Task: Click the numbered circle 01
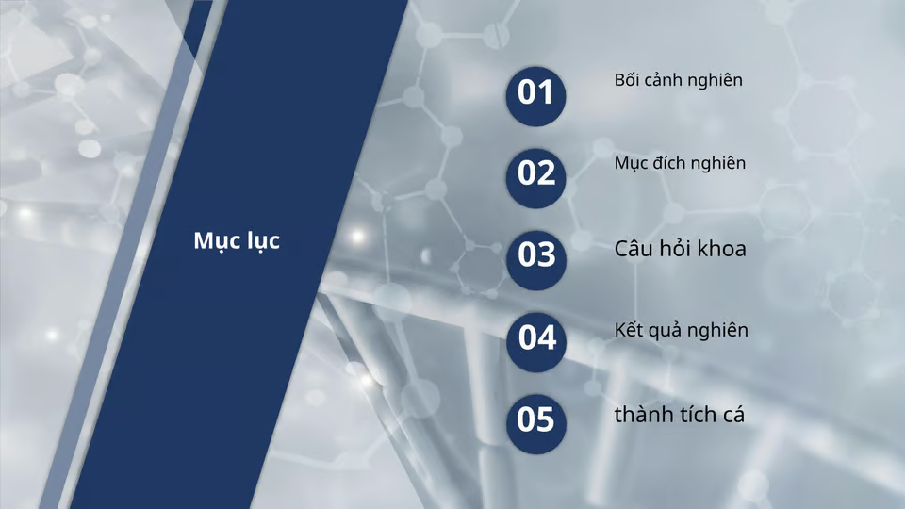pyautogui.click(x=535, y=92)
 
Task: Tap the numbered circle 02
pyautogui.click(x=535, y=173)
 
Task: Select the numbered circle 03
pyautogui.click(x=535, y=254)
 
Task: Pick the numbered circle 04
pyautogui.click(x=535, y=337)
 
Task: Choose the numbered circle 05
pyautogui.click(x=535, y=419)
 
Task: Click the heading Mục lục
pyautogui.click(x=237, y=241)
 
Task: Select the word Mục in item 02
pyautogui.click(x=631, y=164)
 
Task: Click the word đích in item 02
pyautogui.click(x=672, y=163)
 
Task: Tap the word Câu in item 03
pyautogui.click(x=633, y=249)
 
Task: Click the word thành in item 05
pyautogui.click(x=641, y=413)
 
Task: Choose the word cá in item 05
pyautogui.click(x=735, y=413)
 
